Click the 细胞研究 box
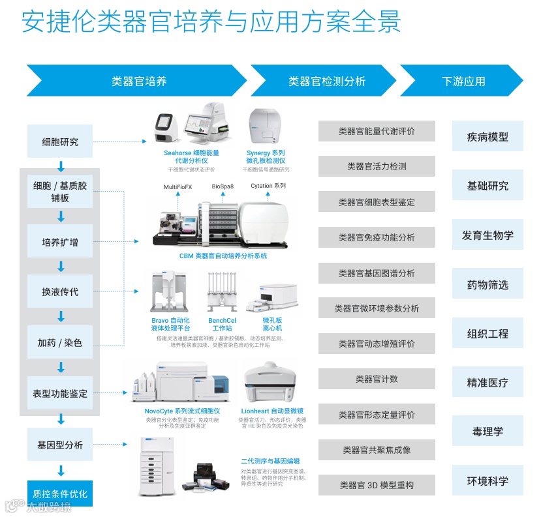(60, 141)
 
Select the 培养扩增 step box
(60, 242)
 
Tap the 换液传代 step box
(60, 292)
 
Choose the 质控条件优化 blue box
(60, 494)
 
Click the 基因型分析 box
(60, 445)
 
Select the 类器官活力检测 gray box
(377, 166)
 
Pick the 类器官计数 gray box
(377, 379)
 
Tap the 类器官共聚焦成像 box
(377, 450)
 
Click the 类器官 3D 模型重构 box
(377, 485)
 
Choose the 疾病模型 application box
(487, 137)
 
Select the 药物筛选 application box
(487, 285)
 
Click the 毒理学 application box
(487, 432)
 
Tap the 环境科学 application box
(487, 481)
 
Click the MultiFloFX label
(178, 186)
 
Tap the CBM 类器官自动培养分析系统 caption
(223, 256)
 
